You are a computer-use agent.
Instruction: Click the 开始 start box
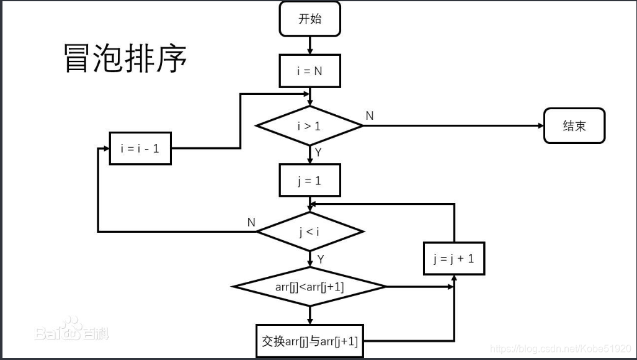[x=310, y=19]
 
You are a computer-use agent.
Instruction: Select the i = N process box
[x=310, y=71]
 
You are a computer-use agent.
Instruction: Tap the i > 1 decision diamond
[x=310, y=126]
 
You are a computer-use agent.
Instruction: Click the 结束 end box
[x=574, y=126]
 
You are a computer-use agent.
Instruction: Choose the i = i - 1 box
[x=140, y=148]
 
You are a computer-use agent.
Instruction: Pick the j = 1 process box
[x=310, y=181]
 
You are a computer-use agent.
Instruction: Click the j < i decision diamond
[x=310, y=232]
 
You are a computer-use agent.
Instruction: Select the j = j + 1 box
[x=454, y=259]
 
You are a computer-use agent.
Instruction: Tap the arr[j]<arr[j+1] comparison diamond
[x=310, y=287]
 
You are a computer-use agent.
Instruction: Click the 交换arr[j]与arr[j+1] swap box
[x=310, y=341]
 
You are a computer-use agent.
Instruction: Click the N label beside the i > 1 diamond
[x=370, y=116]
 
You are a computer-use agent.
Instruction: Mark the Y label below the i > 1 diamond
[x=318, y=151]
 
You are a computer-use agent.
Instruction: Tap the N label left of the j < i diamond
[x=251, y=222]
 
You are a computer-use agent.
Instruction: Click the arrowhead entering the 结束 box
[x=540, y=126]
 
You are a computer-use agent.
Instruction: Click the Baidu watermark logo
[x=71, y=330]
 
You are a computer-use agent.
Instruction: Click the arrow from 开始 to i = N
[x=310, y=45]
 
